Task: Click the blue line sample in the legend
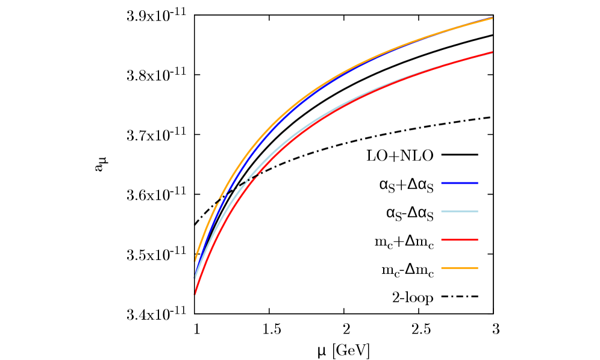pos(459,182)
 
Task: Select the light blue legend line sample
pos(459,211)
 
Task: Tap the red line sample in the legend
pos(459,240)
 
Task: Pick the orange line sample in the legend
pos(459,268)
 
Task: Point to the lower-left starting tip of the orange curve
pos(195,260)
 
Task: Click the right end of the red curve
pos(492,53)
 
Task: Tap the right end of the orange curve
pos(492,18)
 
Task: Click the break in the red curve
pos(257,176)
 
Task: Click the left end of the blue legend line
pos(442,182)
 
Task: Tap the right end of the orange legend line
pos(477,268)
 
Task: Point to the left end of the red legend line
pos(442,240)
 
